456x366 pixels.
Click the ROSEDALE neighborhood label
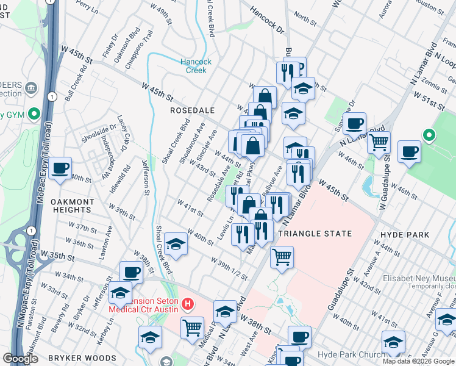[x=192, y=110]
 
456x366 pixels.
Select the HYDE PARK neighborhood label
[x=404, y=234]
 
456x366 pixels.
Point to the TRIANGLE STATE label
[x=315, y=234]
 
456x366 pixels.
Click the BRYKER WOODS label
[x=91, y=357]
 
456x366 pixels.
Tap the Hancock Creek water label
[x=196, y=66]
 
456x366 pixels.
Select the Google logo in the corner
[x=21, y=359]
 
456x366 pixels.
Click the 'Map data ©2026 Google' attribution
[x=418, y=361]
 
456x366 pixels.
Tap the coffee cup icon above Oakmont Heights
[x=60, y=168]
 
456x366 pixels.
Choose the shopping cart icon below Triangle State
[x=282, y=257]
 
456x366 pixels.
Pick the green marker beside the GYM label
[x=35, y=113]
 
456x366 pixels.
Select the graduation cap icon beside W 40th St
[x=176, y=245]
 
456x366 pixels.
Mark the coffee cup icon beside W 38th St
[x=131, y=271]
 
